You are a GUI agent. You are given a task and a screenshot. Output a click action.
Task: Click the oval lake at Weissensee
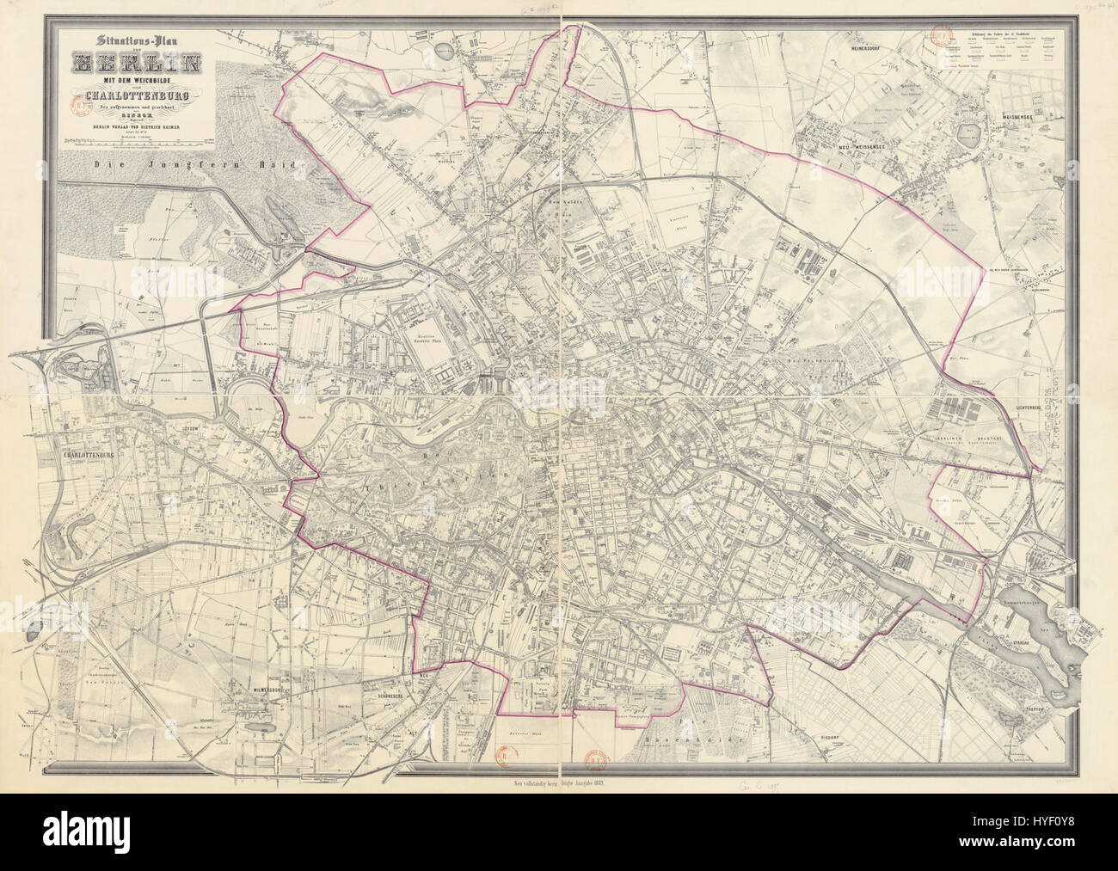point(974,135)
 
